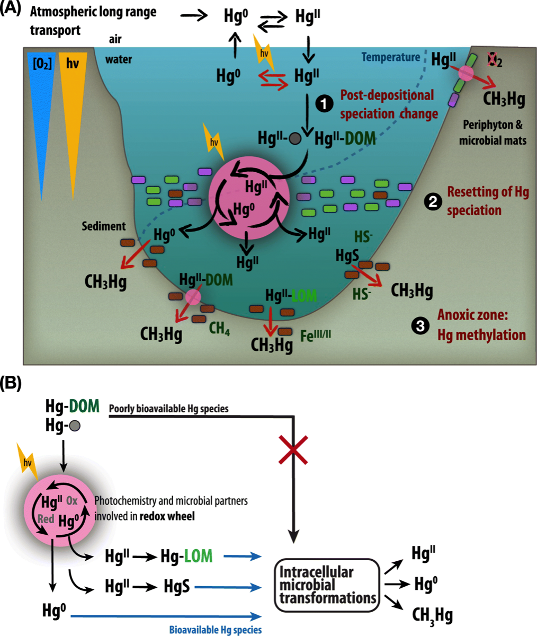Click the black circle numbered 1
323,104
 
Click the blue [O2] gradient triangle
40,106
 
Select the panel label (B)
11,383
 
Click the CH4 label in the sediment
219,329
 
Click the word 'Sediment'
104,226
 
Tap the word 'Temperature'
391,57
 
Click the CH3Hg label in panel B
432,614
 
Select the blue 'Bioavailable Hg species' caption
216,630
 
